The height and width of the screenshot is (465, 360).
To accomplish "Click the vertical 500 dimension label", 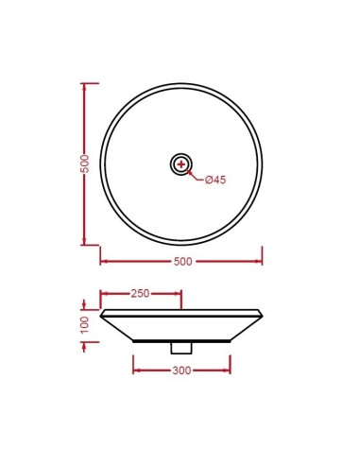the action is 85,164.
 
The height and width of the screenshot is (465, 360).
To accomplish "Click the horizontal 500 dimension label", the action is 182,262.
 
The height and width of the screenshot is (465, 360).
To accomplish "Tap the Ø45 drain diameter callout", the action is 215,180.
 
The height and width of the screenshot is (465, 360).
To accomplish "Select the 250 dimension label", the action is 140,294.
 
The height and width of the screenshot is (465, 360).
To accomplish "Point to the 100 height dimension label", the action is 85,325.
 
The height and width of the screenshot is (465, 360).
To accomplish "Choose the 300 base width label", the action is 181,370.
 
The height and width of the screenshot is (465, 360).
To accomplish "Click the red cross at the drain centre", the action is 181,164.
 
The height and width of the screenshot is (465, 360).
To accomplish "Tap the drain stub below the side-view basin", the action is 181,348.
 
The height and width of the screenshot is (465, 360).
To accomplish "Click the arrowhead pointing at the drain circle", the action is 189,172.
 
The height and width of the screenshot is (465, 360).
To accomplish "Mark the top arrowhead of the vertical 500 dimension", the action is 84,87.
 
